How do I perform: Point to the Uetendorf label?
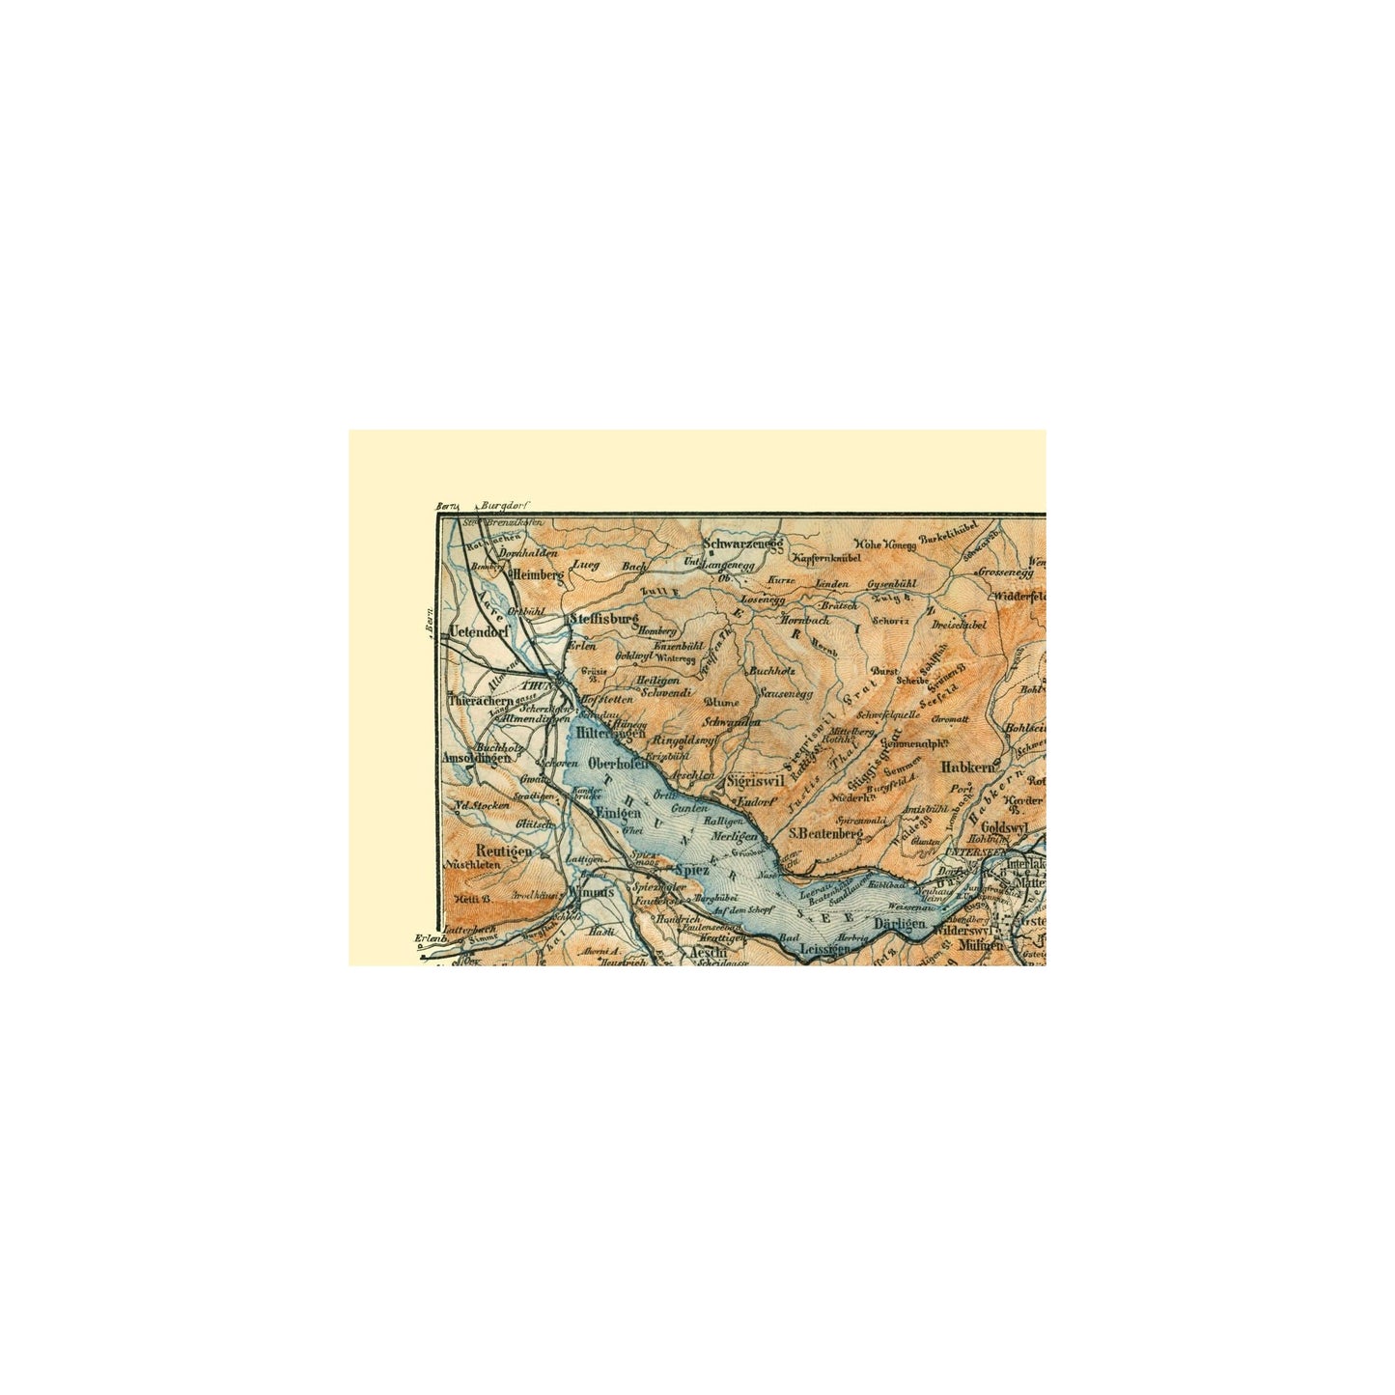point(479,632)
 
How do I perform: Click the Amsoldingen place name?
point(476,759)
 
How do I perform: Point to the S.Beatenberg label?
point(824,831)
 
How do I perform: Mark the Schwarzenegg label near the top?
point(741,544)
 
